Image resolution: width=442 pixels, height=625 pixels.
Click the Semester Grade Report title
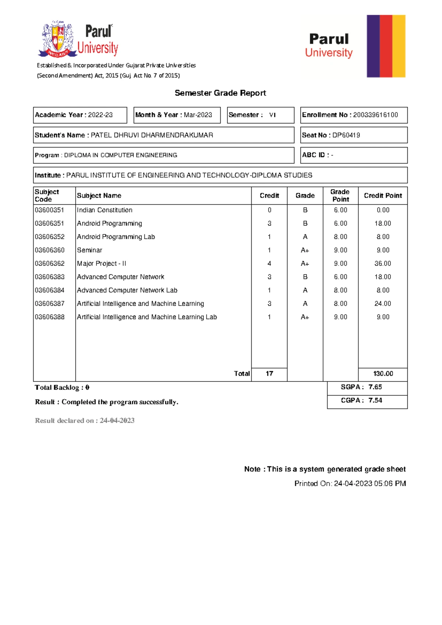coord(220,93)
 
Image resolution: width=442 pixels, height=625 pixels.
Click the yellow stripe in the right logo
coord(399,46)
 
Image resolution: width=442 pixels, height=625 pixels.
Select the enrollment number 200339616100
coord(375,115)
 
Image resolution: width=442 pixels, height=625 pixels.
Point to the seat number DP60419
coord(346,135)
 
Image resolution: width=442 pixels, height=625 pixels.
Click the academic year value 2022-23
coord(100,115)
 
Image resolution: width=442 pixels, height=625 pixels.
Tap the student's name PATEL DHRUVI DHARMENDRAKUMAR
coord(152,135)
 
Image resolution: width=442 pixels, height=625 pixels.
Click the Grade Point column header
coord(340,196)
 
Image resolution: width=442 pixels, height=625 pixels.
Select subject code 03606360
coord(50,250)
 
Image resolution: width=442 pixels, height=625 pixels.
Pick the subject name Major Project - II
coord(101,263)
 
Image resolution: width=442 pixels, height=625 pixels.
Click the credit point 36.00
coord(383,263)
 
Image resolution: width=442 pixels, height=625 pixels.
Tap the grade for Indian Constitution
coord(305,210)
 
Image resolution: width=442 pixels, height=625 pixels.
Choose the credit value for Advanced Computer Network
coord(269,277)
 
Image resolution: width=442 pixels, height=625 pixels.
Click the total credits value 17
coord(269,374)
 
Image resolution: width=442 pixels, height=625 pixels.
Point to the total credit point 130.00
coord(383,374)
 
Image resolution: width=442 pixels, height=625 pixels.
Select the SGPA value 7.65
coord(375,387)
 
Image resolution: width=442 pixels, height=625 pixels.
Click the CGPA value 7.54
coord(375,401)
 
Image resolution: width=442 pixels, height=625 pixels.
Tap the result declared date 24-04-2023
coord(117,421)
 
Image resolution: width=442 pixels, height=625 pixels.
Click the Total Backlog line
coord(62,388)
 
